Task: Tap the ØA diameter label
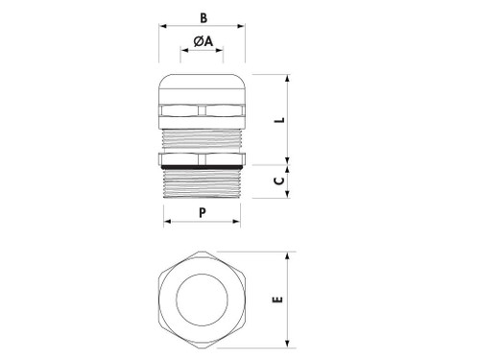tap(202, 41)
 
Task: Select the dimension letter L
tap(279, 120)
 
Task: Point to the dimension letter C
tap(279, 180)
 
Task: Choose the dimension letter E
tap(279, 300)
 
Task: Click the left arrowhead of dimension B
tap(159, 28)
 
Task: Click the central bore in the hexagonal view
tap(201, 300)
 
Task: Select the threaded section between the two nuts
tap(201, 137)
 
